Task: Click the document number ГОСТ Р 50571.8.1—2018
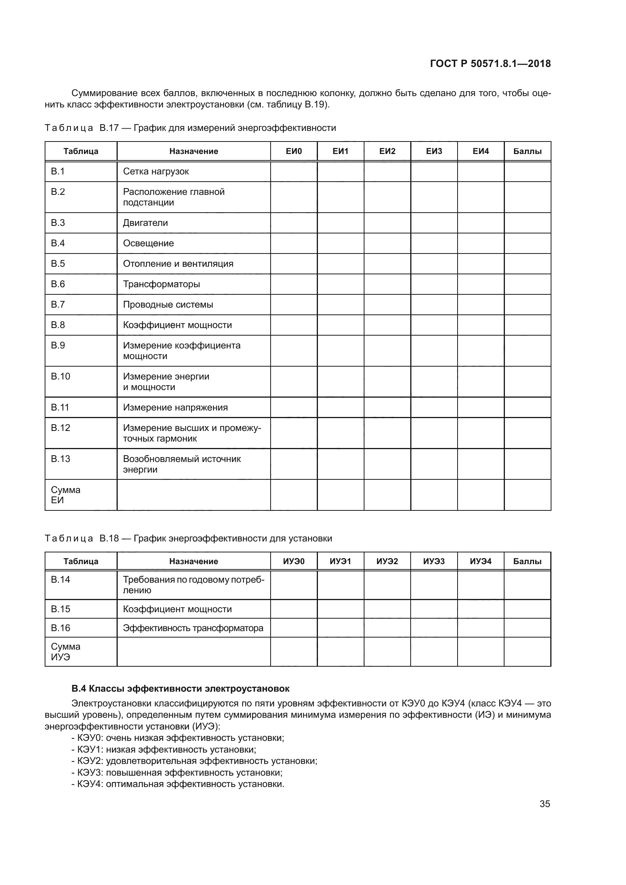pyautogui.click(x=490, y=64)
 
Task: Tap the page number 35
pyautogui.click(x=545, y=804)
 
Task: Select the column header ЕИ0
pyautogui.click(x=294, y=151)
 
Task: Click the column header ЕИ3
pyautogui.click(x=434, y=151)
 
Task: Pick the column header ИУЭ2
pyautogui.click(x=387, y=561)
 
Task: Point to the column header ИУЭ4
pyautogui.click(x=481, y=561)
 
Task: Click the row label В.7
pyautogui.click(x=58, y=305)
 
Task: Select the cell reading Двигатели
pyautogui.click(x=145, y=223)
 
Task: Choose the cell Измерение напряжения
pyautogui.click(x=175, y=408)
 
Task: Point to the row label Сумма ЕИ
pyautogui.click(x=65, y=495)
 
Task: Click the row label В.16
pyautogui.click(x=61, y=628)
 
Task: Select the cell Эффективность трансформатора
pyautogui.click(x=193, y=628)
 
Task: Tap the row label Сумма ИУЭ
pyautogui.click(x=65, y=652)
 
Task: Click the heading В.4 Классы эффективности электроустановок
pyautogui.click(x=181, y=688)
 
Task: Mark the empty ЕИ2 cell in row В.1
pyautogui.click(x=387, y=171)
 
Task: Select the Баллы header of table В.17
pyautogui.click(x=527, y=151)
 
